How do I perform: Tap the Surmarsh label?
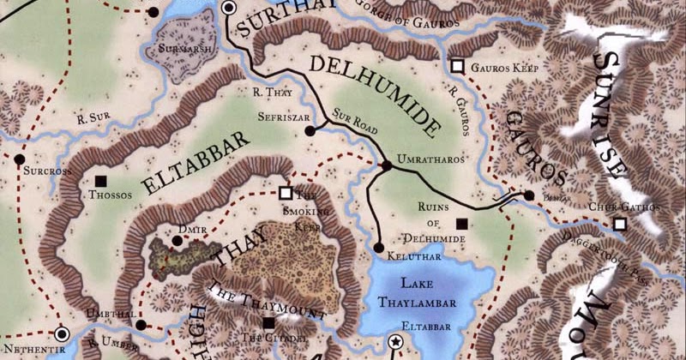(x=179, y=50)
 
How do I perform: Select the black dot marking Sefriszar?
(x=310, y=131)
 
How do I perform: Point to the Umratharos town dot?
(x=386, y=165)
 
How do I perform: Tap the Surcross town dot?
(x=18, y=159)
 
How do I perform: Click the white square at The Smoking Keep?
(x=286, y=193)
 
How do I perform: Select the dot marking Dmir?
(x=177, y=241)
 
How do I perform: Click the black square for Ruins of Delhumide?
(x=462, y=225)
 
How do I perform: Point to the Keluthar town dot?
(x=379, y=248)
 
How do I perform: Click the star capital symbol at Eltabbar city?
(x=395, y=342)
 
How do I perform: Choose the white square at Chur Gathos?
(x=619, y=225)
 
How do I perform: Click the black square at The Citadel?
(x=268, y=323)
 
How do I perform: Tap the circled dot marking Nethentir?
(x=61, y=335)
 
